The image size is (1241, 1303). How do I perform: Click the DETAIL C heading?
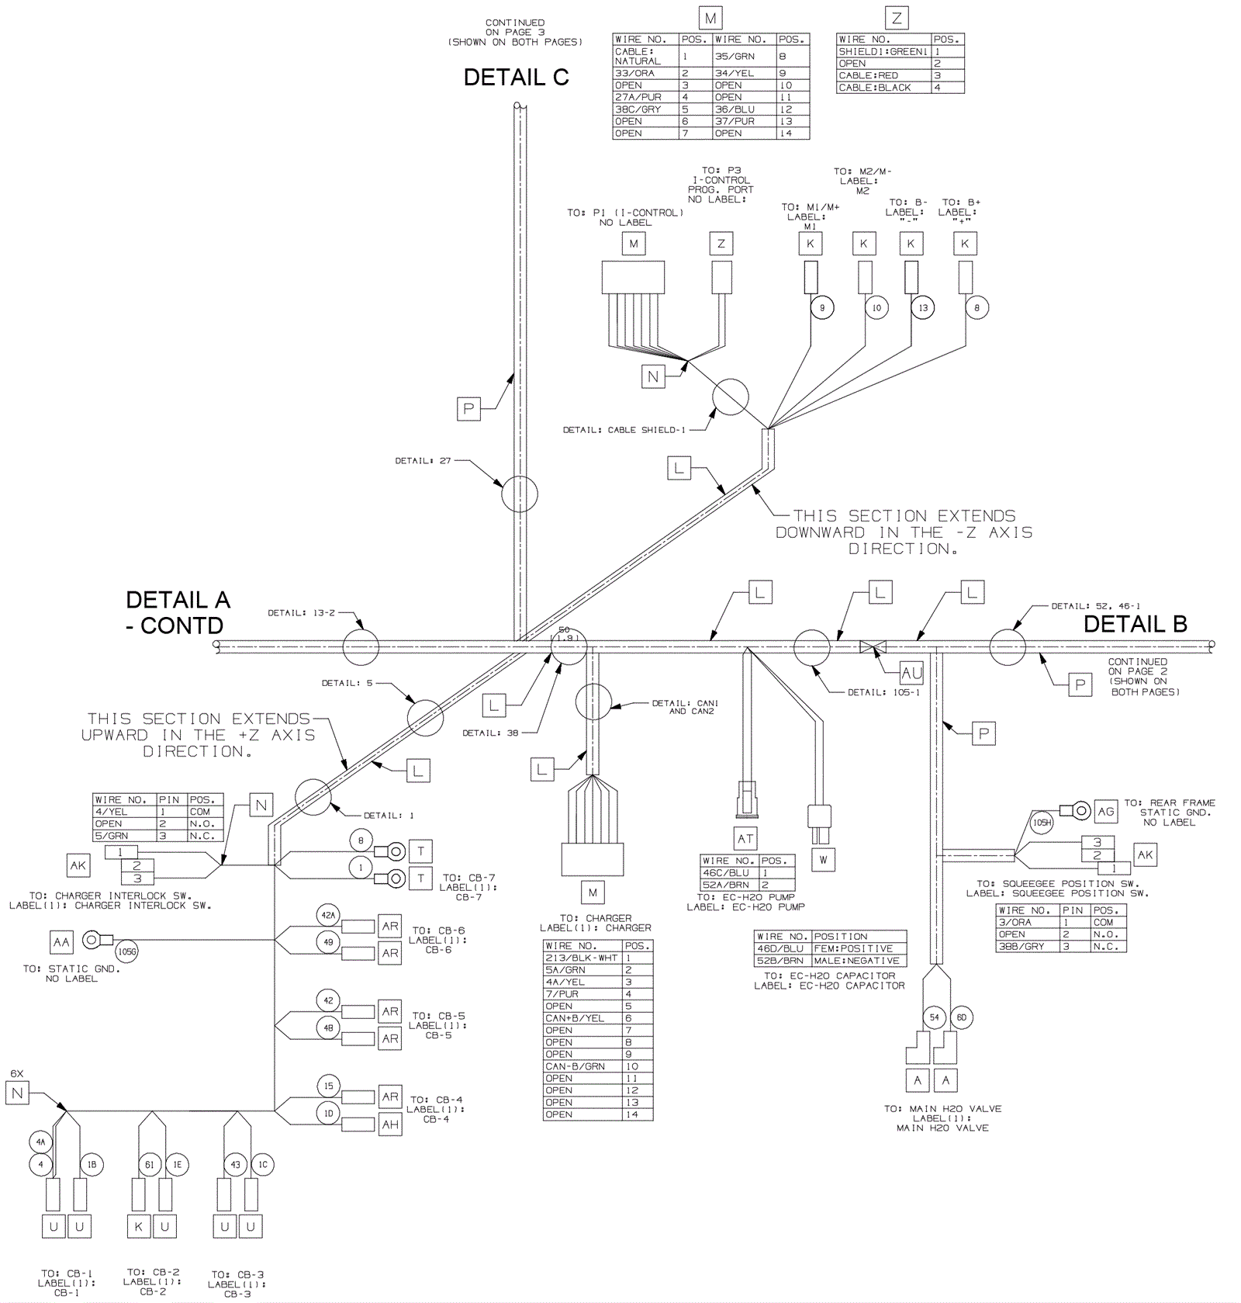point(516,78)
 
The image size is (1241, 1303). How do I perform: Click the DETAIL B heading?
point(1135,624)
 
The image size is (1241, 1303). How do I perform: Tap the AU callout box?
point(911,673)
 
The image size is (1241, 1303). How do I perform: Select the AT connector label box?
point(745,838)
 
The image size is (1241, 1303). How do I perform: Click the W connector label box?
point(823,860)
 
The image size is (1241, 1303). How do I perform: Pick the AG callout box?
point(1105,811)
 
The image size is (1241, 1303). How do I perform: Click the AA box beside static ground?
point(61,942)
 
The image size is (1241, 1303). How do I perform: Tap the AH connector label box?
point(390,1125)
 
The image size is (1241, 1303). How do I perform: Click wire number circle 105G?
point(126,951)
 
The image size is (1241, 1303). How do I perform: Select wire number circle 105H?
point(1042,823)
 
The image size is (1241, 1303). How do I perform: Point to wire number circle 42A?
point(328,916)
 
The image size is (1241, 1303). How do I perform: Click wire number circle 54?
point(934,1017)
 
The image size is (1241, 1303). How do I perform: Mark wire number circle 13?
point(923,307)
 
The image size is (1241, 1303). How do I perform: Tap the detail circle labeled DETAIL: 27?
point(519,494)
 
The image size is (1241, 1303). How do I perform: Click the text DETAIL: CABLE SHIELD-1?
point(624,430)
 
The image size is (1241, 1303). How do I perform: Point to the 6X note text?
point(17,1074)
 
